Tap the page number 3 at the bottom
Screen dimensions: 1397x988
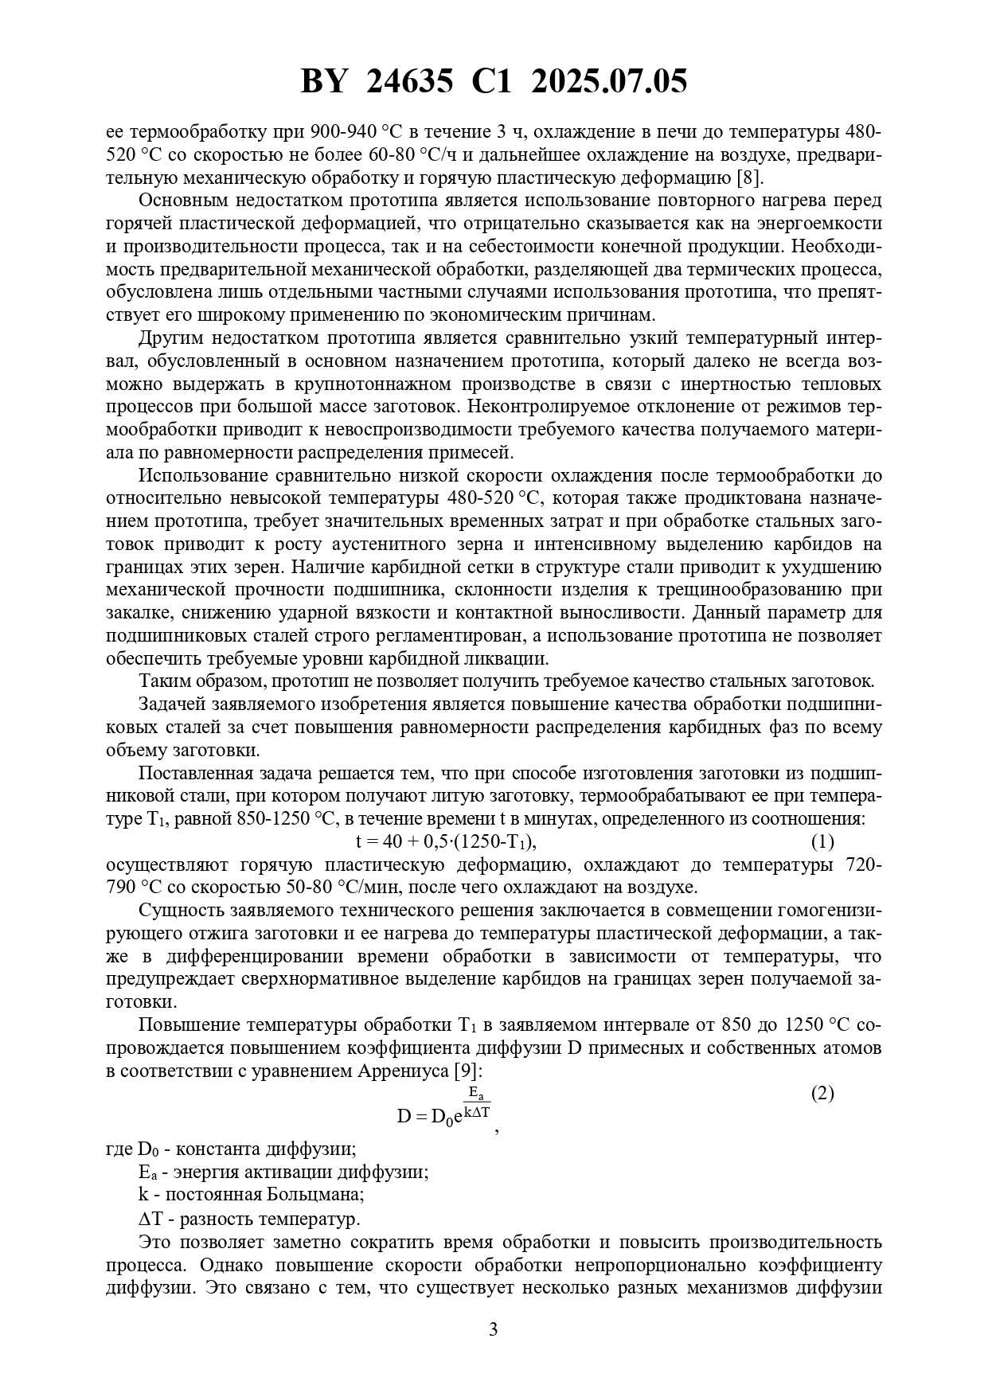(493, 1329)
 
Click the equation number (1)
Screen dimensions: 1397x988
(822, 841)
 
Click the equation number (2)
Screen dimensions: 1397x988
(822, 1093)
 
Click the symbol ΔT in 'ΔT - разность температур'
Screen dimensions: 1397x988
(150, 1219)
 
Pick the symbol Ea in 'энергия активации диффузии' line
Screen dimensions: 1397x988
(147, 1173)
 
